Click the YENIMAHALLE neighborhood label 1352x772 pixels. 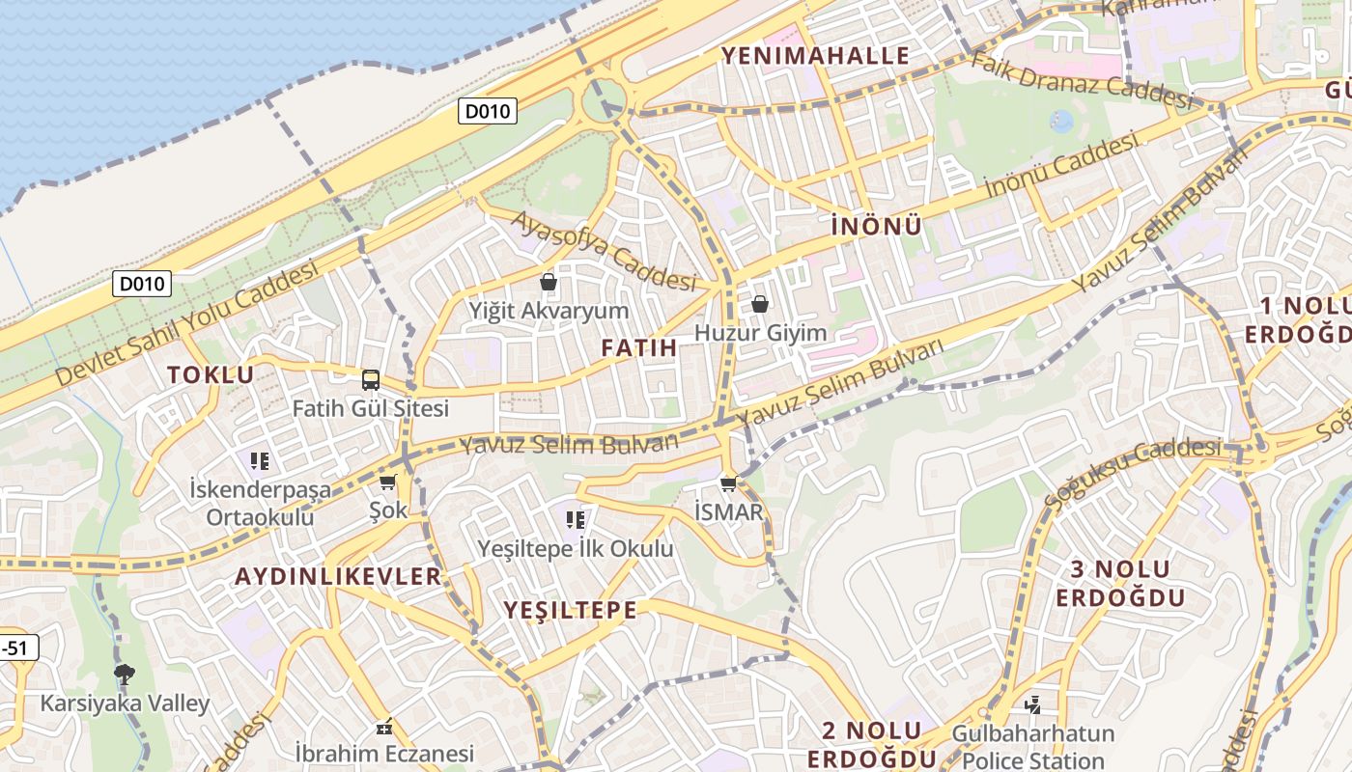(816, 55)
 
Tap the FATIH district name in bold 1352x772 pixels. (638, 347)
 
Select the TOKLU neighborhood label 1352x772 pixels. (211, 374)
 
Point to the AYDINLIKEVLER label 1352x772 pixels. (338, 576)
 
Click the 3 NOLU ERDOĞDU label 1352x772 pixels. (1120, 583)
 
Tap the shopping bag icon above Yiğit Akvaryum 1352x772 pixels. (549, 282)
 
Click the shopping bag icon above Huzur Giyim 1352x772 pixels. (760, 304)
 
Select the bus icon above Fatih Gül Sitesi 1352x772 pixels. (371, 380)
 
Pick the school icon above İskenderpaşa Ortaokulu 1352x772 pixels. (259, 461)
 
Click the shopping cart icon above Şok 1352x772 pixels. (388, 482)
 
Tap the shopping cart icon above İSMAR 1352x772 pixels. (729, 483)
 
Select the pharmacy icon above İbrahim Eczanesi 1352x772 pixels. (384, 726)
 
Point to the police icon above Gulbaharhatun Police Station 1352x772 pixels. (1032, 705)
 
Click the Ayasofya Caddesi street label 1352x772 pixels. (604, 251)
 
